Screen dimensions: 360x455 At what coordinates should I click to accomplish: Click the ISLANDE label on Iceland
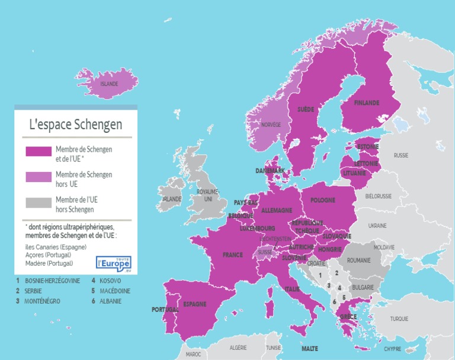tap(109, 84)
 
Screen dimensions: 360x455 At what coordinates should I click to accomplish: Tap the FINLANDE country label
tap(366, 103)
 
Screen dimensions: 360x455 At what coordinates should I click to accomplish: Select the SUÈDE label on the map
tap(306, 110)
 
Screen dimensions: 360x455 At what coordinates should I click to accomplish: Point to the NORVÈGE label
tap(271, 125)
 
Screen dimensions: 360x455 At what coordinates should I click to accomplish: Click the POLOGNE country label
tap(322, 200)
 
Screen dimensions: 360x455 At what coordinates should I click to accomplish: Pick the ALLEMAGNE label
tap(277, 211)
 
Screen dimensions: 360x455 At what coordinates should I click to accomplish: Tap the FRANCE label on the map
tap(232, 255)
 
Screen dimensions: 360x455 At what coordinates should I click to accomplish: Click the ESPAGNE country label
tap(194, 304)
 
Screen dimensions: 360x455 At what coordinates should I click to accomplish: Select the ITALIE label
tap(292, 289)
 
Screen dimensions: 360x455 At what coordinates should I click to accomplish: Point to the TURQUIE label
tap(399, 319)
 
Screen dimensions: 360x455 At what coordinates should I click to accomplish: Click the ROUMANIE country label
tap(358, 260)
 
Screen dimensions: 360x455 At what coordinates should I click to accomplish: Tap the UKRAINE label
tap(377, 225)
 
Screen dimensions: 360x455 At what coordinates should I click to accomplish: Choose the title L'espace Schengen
tap(76, 125)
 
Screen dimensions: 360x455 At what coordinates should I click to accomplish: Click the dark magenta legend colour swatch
tap(39, 151)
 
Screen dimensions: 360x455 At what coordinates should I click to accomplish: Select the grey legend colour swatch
tap(39, 202)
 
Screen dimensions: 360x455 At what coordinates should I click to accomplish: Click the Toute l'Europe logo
tap(113, 263)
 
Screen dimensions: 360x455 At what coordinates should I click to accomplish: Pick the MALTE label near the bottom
tap(309, 349)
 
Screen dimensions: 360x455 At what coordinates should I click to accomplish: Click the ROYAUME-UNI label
tap(207, 195)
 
